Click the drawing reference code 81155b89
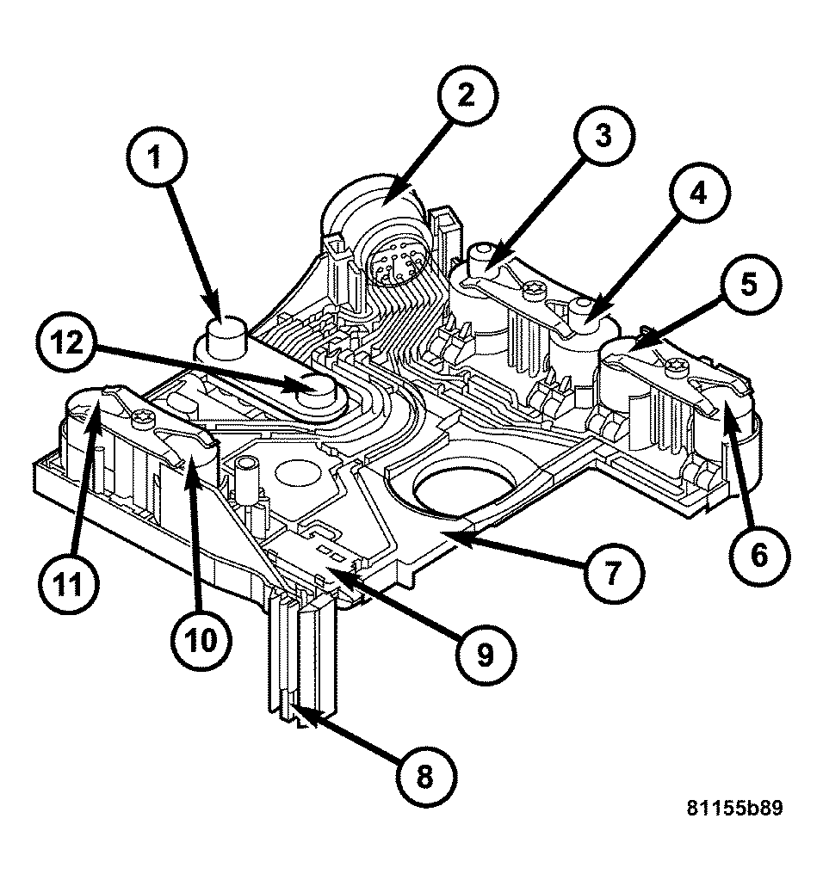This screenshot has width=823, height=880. click(734, 809)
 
